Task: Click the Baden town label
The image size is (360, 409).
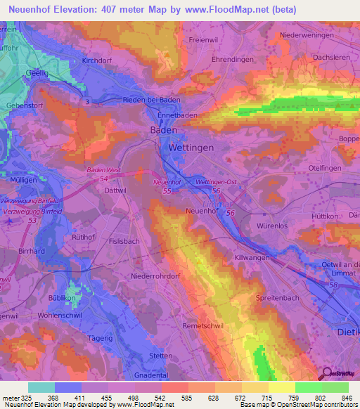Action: [x=164, y=131]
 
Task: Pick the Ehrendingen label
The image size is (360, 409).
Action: [x=233, y=60]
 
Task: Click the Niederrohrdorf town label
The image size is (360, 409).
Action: [x=153, y=276]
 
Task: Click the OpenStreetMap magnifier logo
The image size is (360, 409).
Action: [x=325, y=373]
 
